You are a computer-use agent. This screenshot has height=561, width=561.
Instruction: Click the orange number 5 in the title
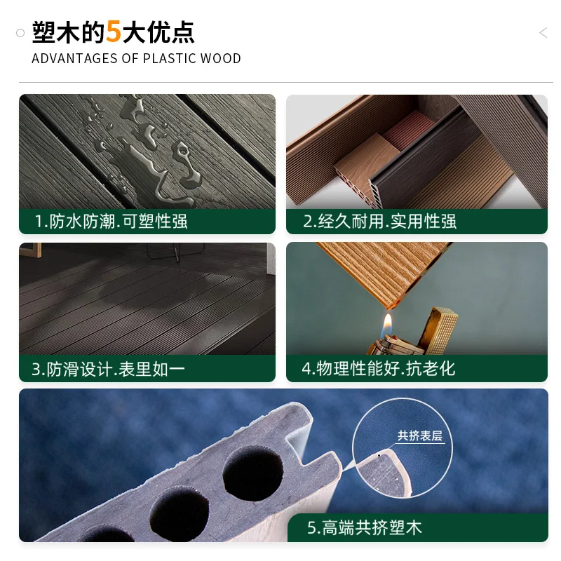coord(114,32)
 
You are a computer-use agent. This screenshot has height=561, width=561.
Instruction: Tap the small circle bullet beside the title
coord(20,33)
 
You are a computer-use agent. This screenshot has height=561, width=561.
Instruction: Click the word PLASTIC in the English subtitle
coord(170,58)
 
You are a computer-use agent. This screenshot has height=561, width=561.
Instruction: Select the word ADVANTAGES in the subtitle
coord(74,58)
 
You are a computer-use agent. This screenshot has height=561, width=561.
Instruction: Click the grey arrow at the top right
coord(543,32)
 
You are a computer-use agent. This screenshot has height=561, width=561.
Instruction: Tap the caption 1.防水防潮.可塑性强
coord(111,221)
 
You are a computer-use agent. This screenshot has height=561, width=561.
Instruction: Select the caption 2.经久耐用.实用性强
coord(379,221)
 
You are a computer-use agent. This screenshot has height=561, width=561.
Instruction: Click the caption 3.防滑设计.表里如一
coord(108,369)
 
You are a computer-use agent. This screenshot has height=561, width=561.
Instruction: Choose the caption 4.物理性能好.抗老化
coord(379,369)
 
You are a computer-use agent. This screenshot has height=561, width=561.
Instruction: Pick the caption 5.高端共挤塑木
coord(365,527)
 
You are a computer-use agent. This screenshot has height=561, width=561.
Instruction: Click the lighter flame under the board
coord(386,325)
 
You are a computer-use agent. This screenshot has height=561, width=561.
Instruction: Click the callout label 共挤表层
coord(419,435)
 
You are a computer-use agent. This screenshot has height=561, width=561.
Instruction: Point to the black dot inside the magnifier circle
coord(379,455)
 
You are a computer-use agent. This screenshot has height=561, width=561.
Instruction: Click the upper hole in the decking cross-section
coord(253,473)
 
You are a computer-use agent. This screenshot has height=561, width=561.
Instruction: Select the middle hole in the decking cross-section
coord(180,514)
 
